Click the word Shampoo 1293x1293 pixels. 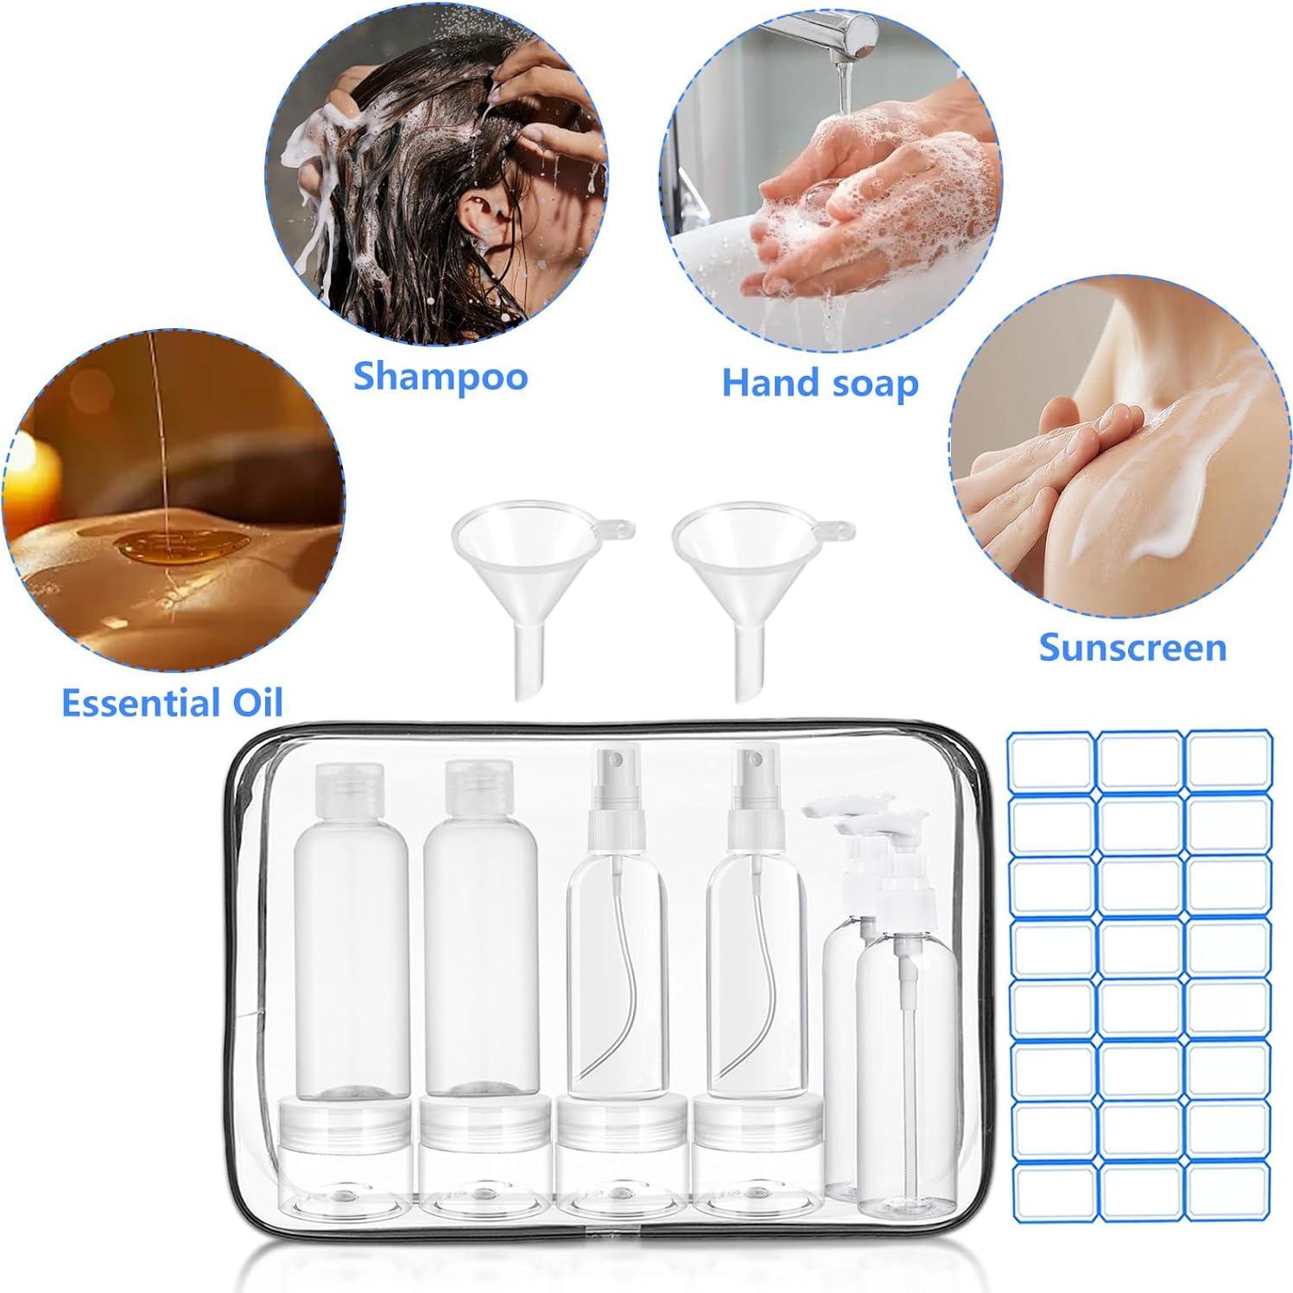click(441, 377)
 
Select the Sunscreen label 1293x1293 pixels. click(1132, 647)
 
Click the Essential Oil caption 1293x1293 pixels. click(173, 703)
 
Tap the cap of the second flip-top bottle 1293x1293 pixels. click(478, 790)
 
